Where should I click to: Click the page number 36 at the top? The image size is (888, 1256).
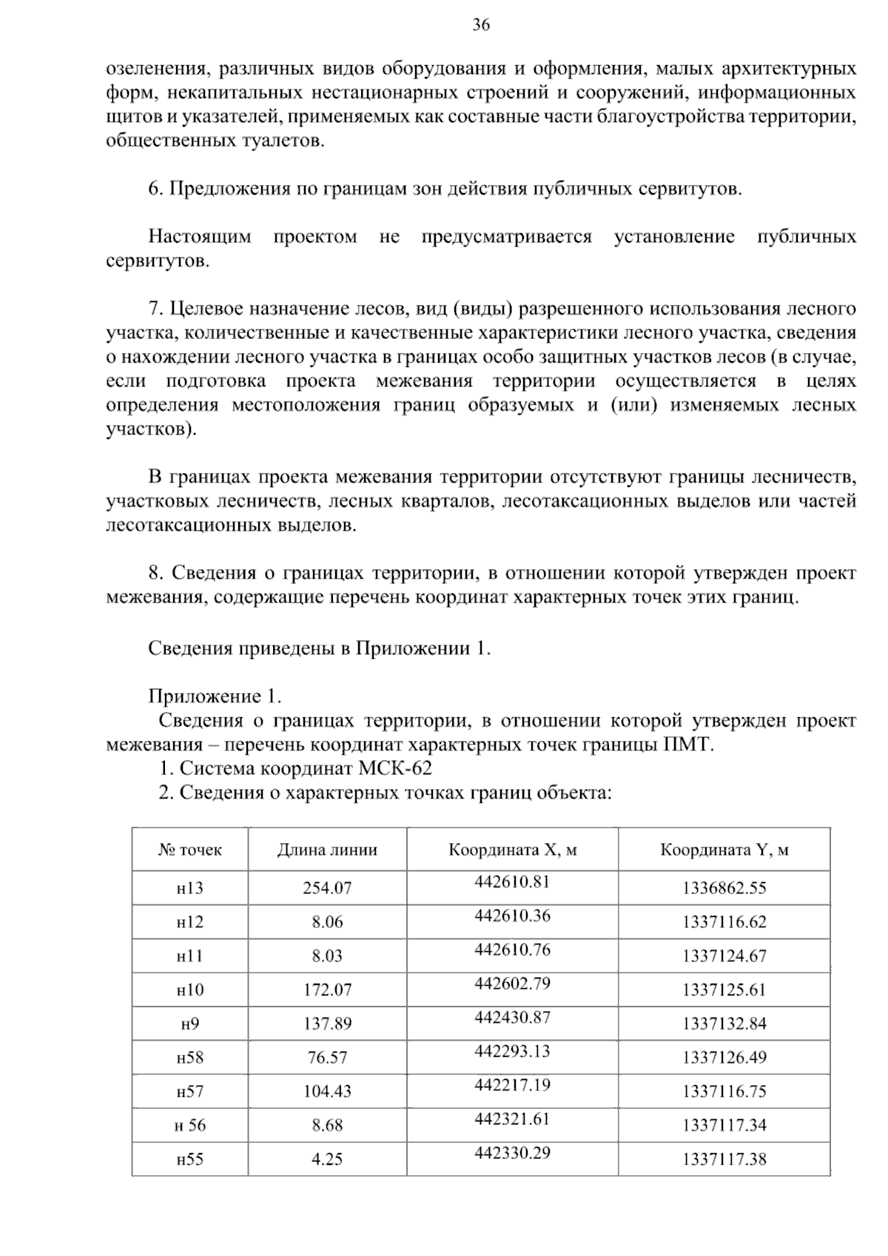(x=481, y=25)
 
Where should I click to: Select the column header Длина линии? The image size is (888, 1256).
(x=327, y=850)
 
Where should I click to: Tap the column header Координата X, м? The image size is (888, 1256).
(x=512, y=850)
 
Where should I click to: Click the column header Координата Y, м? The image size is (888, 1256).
(x=724, y=850)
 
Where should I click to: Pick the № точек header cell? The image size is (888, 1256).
(x=189, y=850)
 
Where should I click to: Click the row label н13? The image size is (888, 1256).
(x=189, y=887)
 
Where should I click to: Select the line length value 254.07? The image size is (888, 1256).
(x=327, y=887)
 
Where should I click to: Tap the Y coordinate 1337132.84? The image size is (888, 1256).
(x=724, y=1024)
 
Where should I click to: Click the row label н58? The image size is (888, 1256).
(x=189, y=1058)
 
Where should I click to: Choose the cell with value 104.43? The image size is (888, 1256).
(x=327, y=1092)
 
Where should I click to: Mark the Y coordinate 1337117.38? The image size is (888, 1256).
(x=724, y=1159)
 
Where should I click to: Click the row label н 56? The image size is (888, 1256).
(x=189, y=1126)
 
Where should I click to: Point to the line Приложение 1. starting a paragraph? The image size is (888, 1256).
(x=215, y=696)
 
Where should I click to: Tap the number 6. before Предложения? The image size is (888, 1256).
(x=155, y=189)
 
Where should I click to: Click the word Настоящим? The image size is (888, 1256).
(x=199, y=237)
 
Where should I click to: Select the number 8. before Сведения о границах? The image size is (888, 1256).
(x=155, y=573)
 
